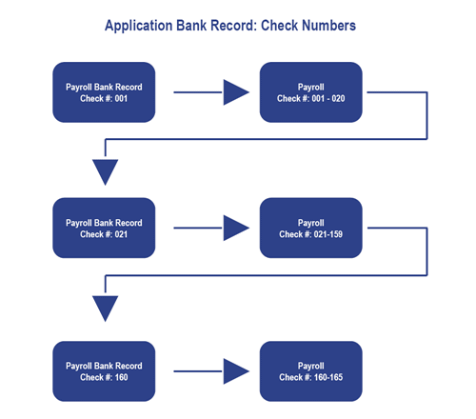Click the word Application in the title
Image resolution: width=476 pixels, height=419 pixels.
[x=138, y=26]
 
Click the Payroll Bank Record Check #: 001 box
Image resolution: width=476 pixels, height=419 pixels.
[x=104, y=92]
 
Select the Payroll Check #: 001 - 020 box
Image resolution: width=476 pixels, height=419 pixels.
[x=311, y=92]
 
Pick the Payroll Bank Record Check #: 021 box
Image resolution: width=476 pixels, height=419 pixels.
[x=104, y=228]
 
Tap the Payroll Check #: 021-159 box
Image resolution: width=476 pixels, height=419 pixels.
[x=311, y=228]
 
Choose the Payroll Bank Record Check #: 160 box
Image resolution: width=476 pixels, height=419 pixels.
[x=104, y=371]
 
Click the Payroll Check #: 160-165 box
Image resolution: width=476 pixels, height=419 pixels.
[x=311, y=371]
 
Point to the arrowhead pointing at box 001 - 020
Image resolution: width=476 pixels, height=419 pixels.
[x=236, y=92]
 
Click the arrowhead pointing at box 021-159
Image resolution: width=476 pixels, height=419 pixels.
[x=236, y=228]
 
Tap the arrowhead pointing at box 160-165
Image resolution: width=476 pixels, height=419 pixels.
[x=236, y=371]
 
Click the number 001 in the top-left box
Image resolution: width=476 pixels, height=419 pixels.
[x=121, y=98]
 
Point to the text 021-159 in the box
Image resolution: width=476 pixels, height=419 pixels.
[x=328, y=234]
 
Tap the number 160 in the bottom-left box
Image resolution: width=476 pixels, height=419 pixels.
[x=121, y=377]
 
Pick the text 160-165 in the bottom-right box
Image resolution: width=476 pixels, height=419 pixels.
[x=328, y=377]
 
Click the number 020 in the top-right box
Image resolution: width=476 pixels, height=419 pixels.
[x=338, y=98]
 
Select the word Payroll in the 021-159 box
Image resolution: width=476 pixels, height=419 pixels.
[x=311, y=223]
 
